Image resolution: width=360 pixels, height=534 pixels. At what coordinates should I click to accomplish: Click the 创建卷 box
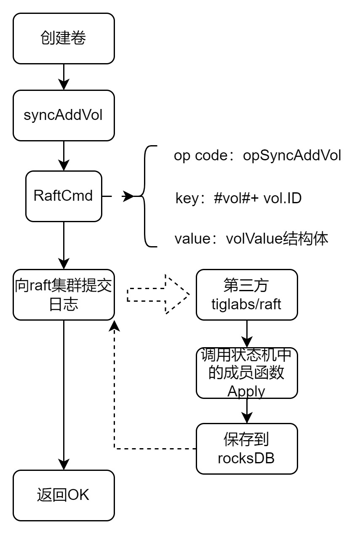point(64,38)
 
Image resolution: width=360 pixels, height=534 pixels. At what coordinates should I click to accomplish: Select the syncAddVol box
point(64,115)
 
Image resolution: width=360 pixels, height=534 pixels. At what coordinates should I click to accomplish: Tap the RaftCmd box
point(64,196)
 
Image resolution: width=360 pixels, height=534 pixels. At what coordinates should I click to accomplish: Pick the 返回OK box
point(64,495)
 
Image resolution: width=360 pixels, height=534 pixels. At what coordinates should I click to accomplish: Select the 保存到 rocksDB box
point(247,449)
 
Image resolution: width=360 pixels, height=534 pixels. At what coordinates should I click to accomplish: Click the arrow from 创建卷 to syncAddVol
point(64,77)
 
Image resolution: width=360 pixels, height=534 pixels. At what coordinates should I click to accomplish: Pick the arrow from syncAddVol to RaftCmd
point(64,155)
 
